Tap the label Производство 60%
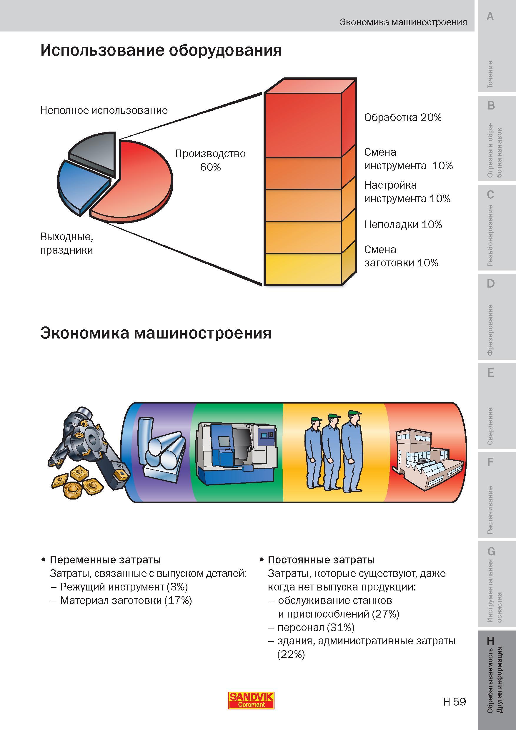210,160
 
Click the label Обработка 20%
402,118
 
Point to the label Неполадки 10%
403,225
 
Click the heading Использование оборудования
161,51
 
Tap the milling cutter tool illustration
89,452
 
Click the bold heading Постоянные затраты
321,560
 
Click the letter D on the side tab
491,283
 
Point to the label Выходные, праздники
67,243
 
